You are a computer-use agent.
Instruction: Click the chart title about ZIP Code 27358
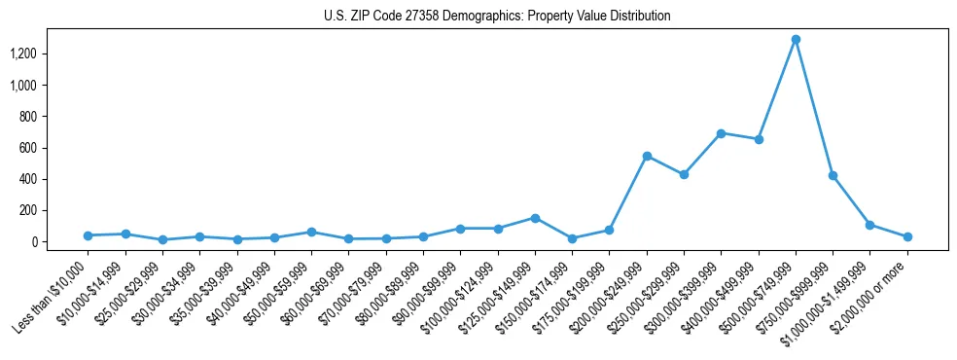[x=497, y=17]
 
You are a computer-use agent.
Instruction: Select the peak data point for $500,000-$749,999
[x=796, y=40]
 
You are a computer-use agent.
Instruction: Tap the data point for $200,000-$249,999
[x=647, y=156]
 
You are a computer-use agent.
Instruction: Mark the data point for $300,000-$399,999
[x=721, y=133]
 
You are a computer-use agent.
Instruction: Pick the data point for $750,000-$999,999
[x=833, y=175]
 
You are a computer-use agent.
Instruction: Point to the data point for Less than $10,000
[x=88, y=235]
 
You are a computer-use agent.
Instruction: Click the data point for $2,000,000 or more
[x=907, y=236]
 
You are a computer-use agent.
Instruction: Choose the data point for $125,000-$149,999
[x=535, y=218]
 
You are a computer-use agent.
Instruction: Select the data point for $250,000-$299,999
[x=684, y=174]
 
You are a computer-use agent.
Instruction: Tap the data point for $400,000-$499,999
[x=759, y=139]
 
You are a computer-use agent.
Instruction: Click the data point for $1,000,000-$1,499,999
[x=870, y=225]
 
